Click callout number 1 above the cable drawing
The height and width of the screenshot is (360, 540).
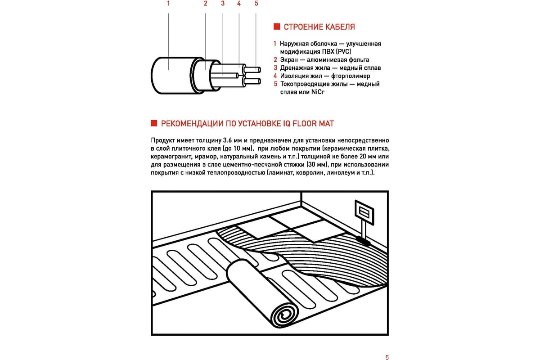tap(168, 4)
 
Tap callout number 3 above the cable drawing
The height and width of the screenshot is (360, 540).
tap(222, 4)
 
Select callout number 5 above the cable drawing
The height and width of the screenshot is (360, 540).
tap(256, 4)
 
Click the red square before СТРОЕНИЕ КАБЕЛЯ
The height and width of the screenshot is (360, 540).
tap(277, 27)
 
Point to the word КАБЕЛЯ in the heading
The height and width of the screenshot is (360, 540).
tap(340, 27)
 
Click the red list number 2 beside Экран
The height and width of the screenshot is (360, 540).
tap(274, 60)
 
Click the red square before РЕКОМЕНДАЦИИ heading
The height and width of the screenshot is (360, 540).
tap(153, 123)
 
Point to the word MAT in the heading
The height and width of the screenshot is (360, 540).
tap(326, 123)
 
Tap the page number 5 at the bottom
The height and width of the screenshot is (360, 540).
tap(387, 357)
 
